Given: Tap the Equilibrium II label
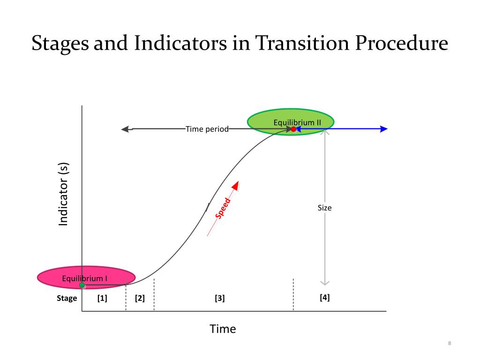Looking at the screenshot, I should pyautogui.click(x=297, y=122).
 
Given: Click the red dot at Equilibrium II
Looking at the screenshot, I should pyautogui.click(x=293, y=129).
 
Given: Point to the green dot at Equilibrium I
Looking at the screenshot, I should pyautogui.click(x=82, y=285).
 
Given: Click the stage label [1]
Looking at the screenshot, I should pyautogui.click(x=102, y=298).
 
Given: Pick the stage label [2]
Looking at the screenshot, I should pyautogui.click(x=140, y=298).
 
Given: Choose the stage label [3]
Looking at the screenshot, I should pyautogui.click(x=220, y=298).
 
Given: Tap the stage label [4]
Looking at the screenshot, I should pyautogui.click(x=324, y=297).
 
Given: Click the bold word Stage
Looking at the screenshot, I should pyautogui.click(x=67, y=298).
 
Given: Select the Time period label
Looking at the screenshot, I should pyautogui.click(x=207, y=129).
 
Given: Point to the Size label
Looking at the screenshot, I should pyautogui.click(x=324, y=207).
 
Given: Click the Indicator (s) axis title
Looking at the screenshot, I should pyautogui.click(x=63, y=194).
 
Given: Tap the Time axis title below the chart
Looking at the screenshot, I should pyautogui.click(x=223, y=329).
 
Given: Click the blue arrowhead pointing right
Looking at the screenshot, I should pyautogui.click(x=384, y=129).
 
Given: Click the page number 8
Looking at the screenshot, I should pyautogui.click(x=450, y=345).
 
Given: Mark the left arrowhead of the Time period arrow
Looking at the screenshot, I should pyautogui.click(x=125, y=129).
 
